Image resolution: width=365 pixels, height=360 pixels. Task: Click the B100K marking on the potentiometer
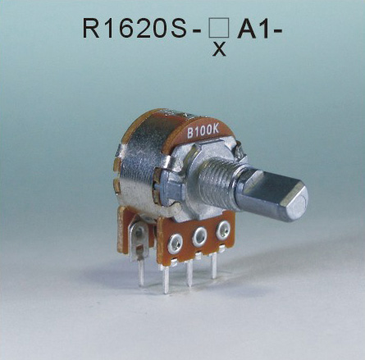[202, 130]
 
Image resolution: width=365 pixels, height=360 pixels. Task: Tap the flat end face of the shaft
[291, 198]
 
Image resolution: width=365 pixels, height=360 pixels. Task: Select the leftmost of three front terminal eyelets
[174, 241]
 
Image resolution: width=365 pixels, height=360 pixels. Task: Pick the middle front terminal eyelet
[198, 235]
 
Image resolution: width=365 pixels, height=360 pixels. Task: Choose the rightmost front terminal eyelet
[221, 230]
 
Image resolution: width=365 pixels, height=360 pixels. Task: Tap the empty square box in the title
[218, 29]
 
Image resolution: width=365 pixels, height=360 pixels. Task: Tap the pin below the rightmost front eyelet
[215, 264]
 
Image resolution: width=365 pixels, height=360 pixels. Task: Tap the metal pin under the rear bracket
[140, 271]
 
